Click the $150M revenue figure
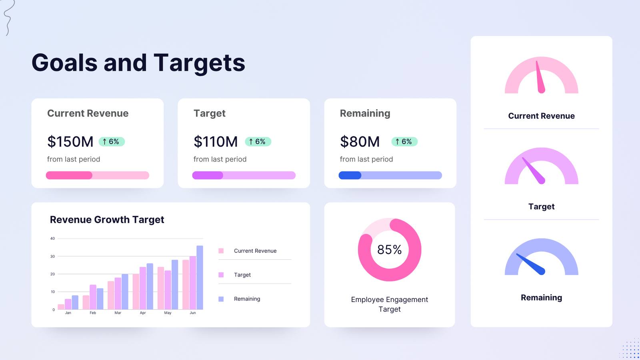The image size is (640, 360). pos(70,142)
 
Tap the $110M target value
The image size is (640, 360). pos(216,142)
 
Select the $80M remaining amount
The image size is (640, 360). pos(360,142)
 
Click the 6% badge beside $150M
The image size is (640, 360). pos(112,142)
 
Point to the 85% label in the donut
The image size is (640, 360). pos(389,250)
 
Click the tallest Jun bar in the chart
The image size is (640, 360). pos(200,278)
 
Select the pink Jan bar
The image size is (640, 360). pos(61,307)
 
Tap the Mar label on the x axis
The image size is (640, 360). pos(118,313)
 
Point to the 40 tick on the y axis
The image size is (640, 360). pos(52,238)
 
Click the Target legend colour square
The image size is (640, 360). pos(221,275)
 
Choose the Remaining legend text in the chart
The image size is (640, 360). pos(247,299)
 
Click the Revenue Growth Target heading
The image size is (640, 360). pos(107,220)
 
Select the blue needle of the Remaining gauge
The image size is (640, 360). pos(530,264)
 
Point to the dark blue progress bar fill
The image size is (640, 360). pos(350,175)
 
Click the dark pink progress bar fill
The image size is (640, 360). pos(69,175)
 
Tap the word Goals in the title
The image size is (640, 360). pos(64,63)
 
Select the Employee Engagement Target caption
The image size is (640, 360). pos(389,304)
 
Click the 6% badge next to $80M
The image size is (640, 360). pos(404,142)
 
